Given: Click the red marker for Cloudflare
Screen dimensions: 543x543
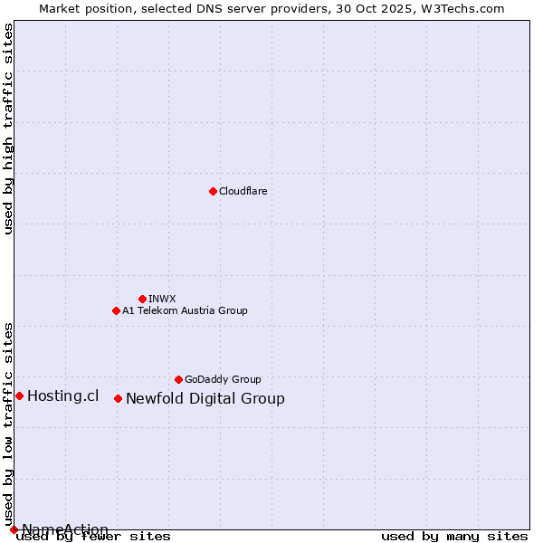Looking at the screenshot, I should pos(213,191).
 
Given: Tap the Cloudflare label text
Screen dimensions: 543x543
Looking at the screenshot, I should pos(243,191).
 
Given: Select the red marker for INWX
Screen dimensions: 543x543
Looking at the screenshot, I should pos(142,299).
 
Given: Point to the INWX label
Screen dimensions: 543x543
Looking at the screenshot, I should pos(162,299).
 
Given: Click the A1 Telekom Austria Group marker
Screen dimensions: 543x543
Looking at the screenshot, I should pos(116,310).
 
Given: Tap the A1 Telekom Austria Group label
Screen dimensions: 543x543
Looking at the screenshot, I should pos(185,310).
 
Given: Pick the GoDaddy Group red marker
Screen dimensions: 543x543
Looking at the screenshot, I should pos(178,379).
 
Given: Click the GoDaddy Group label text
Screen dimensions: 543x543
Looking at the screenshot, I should pos(223,379).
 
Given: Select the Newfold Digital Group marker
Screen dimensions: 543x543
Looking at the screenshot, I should pos(118,398).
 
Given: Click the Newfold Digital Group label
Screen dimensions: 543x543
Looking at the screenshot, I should pos(205,398).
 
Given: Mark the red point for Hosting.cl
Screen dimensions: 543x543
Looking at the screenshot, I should pos(19,395).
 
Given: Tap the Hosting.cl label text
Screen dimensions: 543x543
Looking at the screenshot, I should pos(62,395).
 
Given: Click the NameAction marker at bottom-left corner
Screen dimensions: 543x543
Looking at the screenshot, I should pos(14,529).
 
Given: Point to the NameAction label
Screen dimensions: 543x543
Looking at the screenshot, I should pos(65,529).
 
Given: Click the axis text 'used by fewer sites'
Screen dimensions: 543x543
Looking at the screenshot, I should pos(93,537).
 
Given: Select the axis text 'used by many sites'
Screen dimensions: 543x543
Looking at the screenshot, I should pos(454,537).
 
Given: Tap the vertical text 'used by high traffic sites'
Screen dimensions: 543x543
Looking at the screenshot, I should pos(9,129).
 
